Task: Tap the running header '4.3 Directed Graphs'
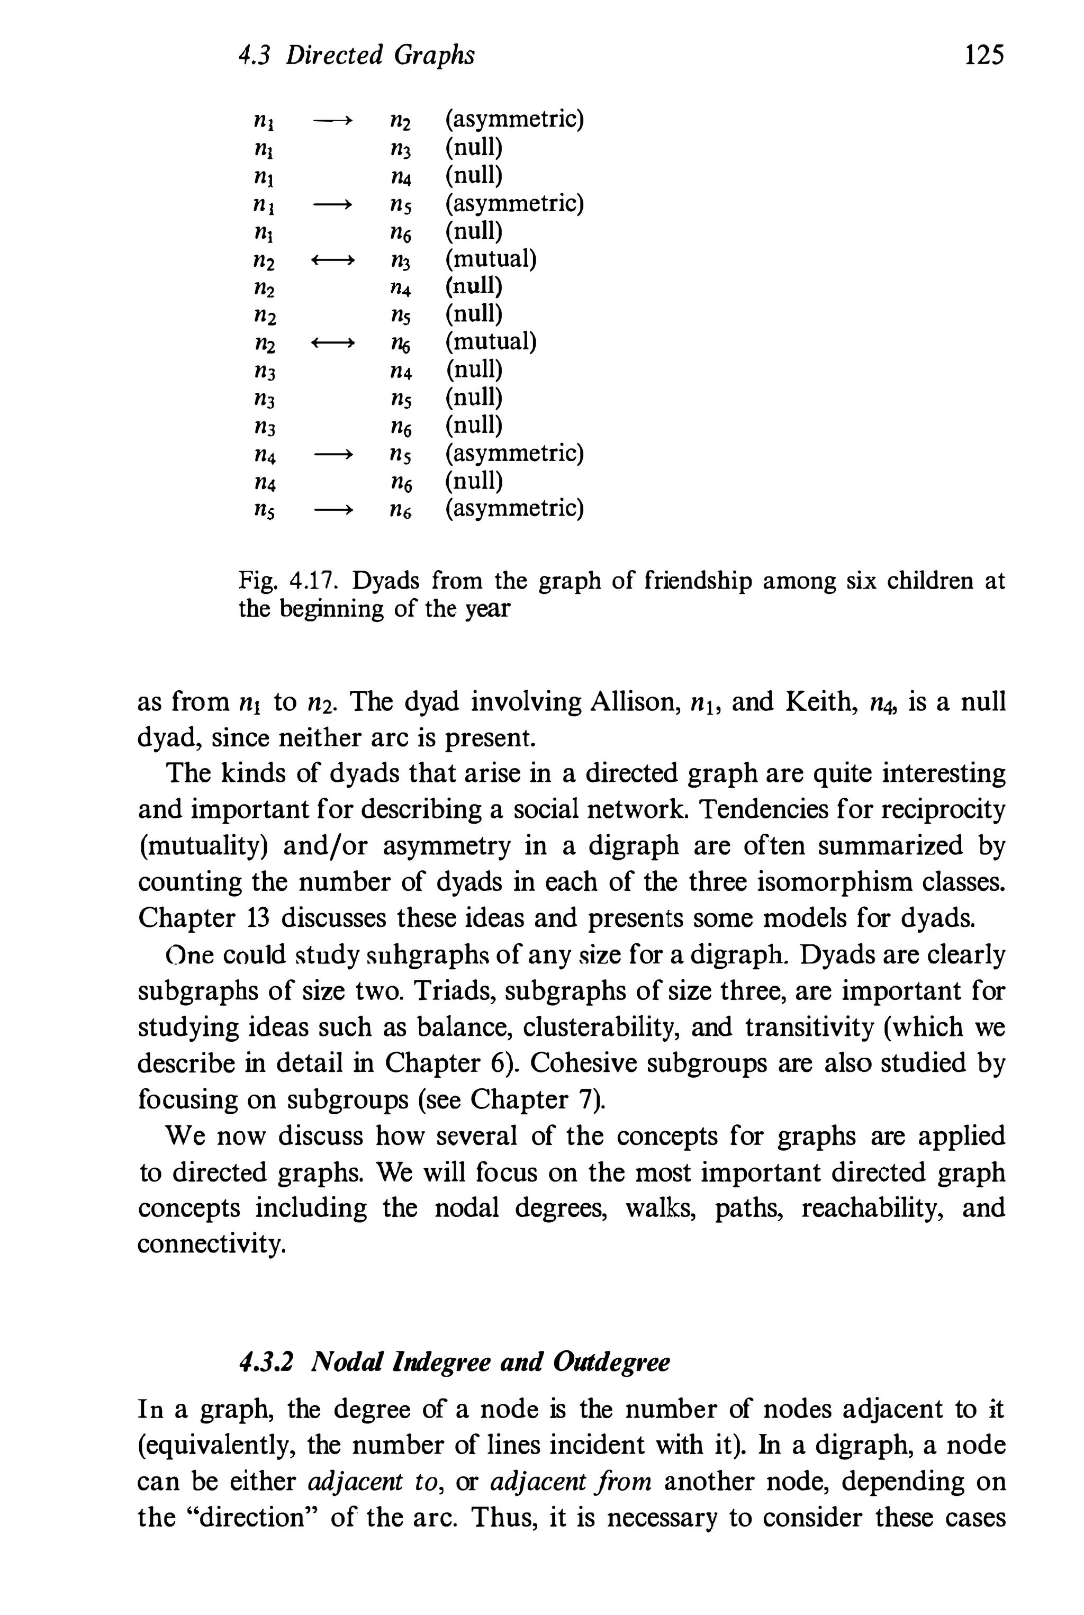pos(356,55)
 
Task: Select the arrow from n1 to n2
pos(333,122)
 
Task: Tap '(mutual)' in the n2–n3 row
pos(491,259)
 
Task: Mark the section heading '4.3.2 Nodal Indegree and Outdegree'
pos(454,1363)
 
